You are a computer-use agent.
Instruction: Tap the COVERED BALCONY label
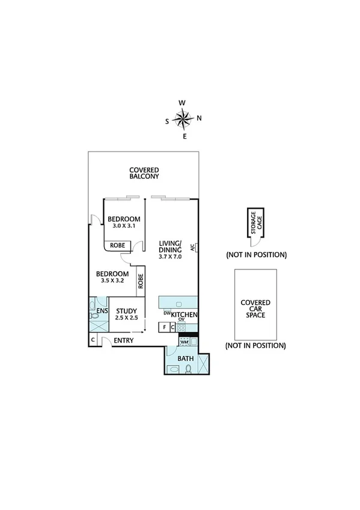click(144, 173)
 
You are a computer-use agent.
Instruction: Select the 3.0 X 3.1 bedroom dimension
click(124, 226)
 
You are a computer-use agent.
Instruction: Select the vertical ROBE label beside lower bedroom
click(140, 282)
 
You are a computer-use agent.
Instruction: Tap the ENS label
click(102, 312)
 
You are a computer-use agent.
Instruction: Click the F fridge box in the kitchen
click(163, 327)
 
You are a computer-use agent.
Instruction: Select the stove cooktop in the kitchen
click(189, 327)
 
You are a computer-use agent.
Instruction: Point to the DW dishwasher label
click(166, 313)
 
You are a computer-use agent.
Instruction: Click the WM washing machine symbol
click(185, 342)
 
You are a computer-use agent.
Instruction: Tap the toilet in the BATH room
click(189, 369)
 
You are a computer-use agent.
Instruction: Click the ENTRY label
click(123, 341)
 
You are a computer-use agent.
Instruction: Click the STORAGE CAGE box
click(255, 224)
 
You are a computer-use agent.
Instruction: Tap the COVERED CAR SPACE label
click(255, 309)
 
